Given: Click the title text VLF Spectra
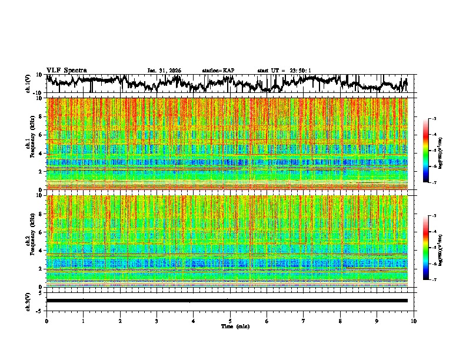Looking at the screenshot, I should tap(66, 71).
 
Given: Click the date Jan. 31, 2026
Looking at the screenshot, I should tap(164, 71).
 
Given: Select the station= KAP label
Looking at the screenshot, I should tap(218, 71).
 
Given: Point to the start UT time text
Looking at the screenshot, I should tap(284, 71).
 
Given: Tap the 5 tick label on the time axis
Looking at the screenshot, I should tap(230, 321).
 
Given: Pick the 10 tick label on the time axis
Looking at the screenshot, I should tap(414, 321).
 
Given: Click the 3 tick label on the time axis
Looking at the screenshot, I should tap(157, 321).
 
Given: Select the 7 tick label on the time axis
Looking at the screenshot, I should tap(304, 321).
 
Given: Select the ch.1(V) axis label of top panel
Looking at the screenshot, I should tap(28, 84).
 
